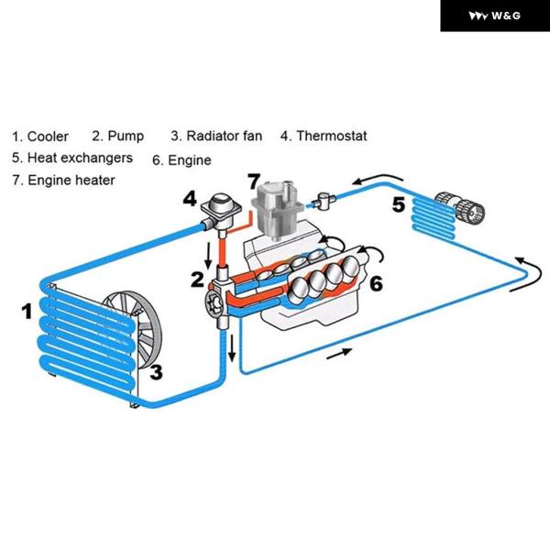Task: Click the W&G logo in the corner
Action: click(494, 16)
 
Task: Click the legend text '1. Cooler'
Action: click(40, 137)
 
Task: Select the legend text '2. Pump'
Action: click(118, 137)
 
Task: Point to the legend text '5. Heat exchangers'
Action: click(72, 158)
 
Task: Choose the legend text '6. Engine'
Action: click(181, 160)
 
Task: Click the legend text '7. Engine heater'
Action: click(63, 181)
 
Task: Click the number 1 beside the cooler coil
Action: click(27, 312)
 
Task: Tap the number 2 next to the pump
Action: click(196, 279)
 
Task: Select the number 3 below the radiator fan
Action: click(157, 372)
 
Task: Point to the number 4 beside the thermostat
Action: click(189, 198)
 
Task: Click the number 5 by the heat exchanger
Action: click(398, 204)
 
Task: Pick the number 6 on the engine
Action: click(375, 283)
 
